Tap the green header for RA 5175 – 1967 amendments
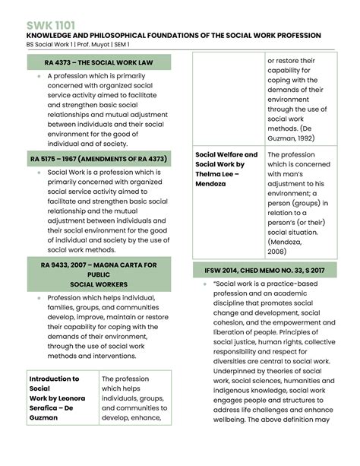tap(99, 158)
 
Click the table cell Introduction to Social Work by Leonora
tap(58, 398)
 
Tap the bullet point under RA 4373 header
tap(38, 77)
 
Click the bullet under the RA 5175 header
tap(38, 173)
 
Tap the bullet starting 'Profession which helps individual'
tap(38, 298)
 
